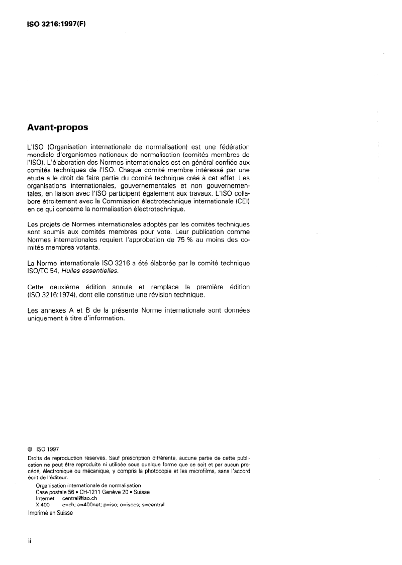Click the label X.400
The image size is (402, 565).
(43, 505)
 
